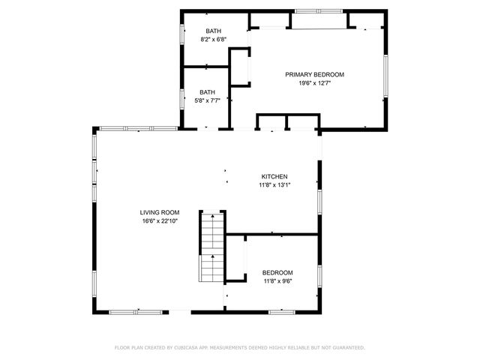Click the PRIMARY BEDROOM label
(314, 74)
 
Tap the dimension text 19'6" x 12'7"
(314, 83)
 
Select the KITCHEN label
(274, 176)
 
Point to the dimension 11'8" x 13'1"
(274, 185)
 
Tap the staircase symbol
(212, 247)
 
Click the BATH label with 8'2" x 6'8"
(213, 31)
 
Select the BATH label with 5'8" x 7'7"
(207, 91)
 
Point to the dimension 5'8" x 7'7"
(207, 100)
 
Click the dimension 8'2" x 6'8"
(213, 40)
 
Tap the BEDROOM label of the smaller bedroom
(277, 272)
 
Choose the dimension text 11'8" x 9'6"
(277, 281)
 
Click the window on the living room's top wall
(127, 128)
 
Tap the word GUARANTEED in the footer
(344, 348)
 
